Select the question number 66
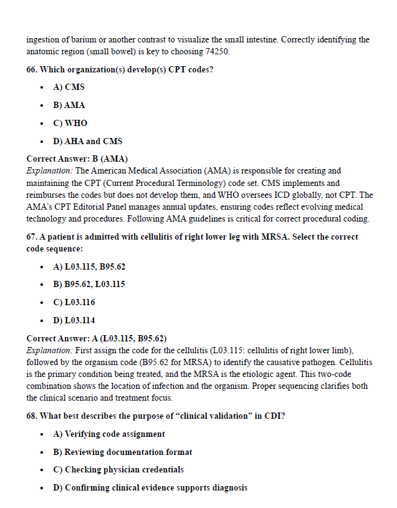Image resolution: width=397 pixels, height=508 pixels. (32, 69)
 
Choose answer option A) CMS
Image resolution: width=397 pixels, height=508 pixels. (69, 87)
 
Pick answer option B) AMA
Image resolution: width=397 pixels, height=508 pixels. (69, 105)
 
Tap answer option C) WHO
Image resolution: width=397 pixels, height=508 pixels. (70, 123)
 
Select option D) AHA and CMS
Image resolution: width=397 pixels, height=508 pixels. (88, 141)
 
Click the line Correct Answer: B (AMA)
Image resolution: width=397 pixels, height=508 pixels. (77, 159)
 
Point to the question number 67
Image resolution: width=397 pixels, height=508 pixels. (32, 237)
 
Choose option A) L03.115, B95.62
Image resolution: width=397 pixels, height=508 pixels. (89, 266)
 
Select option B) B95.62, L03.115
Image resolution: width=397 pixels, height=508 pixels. (89, 285)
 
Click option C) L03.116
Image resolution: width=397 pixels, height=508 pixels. (74, 303)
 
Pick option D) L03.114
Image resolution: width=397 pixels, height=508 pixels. (74, 321)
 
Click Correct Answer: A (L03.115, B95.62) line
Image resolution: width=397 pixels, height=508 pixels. (96, 339)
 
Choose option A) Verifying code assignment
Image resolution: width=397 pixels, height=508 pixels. (109, 434)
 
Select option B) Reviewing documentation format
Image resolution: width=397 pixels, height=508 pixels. (122, 452)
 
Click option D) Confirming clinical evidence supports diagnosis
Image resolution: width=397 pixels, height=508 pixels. (150, 488)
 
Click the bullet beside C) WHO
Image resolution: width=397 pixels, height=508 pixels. (41, 123)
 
